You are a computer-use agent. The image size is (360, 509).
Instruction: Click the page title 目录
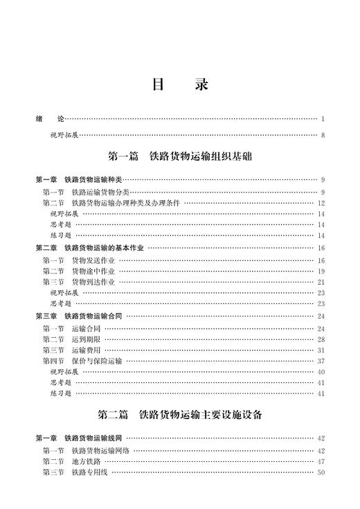(179, 85)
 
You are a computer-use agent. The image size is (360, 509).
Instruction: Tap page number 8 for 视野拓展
(323, 135)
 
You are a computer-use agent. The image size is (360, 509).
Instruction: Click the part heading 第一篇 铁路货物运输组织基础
(179, 157)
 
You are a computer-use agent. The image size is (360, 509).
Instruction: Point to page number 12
(321, 203)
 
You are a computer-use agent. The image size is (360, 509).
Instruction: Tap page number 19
(321, 271)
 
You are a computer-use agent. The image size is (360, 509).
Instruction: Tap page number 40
(321, 372)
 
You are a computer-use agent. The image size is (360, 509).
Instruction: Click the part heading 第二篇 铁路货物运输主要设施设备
(179, 416)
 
